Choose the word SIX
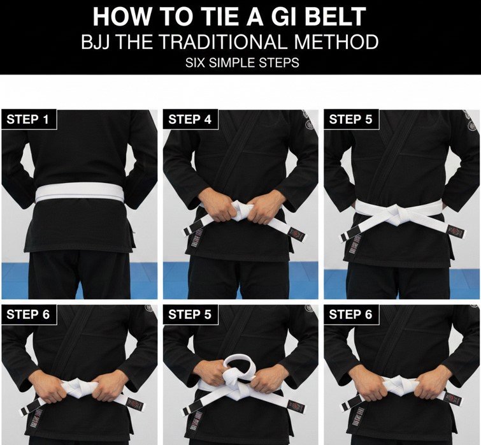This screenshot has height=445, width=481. point(196,64)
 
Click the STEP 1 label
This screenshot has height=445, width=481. point(29,119)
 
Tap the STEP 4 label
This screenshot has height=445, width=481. point(190,119)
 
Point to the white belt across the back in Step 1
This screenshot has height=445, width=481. point(80,193)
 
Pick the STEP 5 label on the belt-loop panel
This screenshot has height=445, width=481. point(190,314)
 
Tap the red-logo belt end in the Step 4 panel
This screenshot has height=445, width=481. point(295,233)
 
